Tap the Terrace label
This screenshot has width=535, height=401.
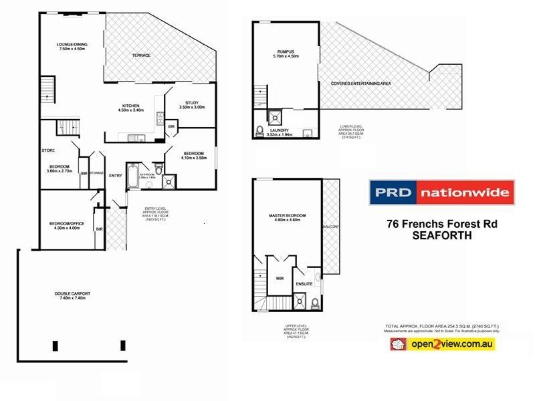(x=141, y=55)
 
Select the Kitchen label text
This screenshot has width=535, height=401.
(x=130, y=106)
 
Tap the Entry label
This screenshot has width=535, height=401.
(x=116, y=176)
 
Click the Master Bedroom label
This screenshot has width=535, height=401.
(x=287, y=216)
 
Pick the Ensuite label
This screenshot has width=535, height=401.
(x=305, y=283)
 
